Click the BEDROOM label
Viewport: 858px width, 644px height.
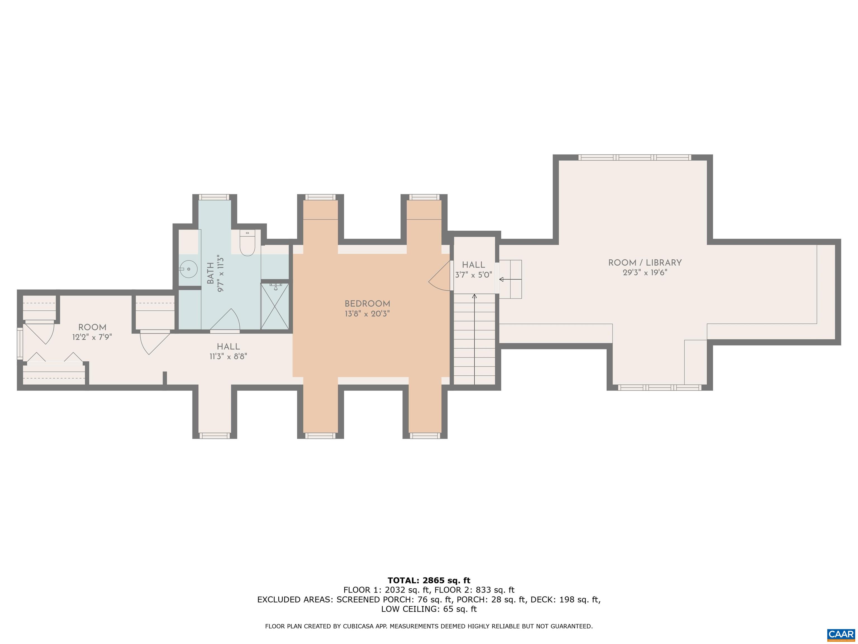click(x=367, y=304)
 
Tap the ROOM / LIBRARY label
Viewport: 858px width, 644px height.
click(x=645, y=263)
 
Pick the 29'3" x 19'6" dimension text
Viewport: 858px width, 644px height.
click(x=645, y=273)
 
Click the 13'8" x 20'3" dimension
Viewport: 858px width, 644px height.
click(x=367, y=314)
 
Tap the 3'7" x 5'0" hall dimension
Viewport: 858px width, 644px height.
click(x=474, y=275)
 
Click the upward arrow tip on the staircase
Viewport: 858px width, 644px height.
click(x=474, y=295)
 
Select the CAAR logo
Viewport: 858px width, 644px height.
click(x=841, y=635)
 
